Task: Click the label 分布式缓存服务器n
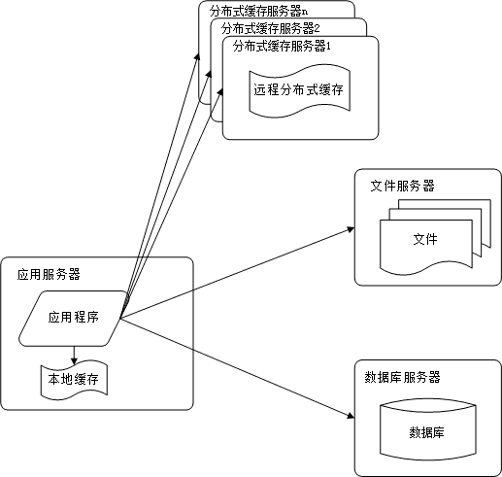tap(251, 12)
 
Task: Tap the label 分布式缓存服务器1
tap(283, 46)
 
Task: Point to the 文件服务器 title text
tap(402, 185)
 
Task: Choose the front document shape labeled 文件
tap(424, 241)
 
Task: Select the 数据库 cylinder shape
tap(427, 431)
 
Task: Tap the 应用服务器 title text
tap(49, 273)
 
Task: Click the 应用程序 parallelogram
tap(75, 317)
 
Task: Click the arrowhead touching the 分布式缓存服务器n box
tap(197, 56)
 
